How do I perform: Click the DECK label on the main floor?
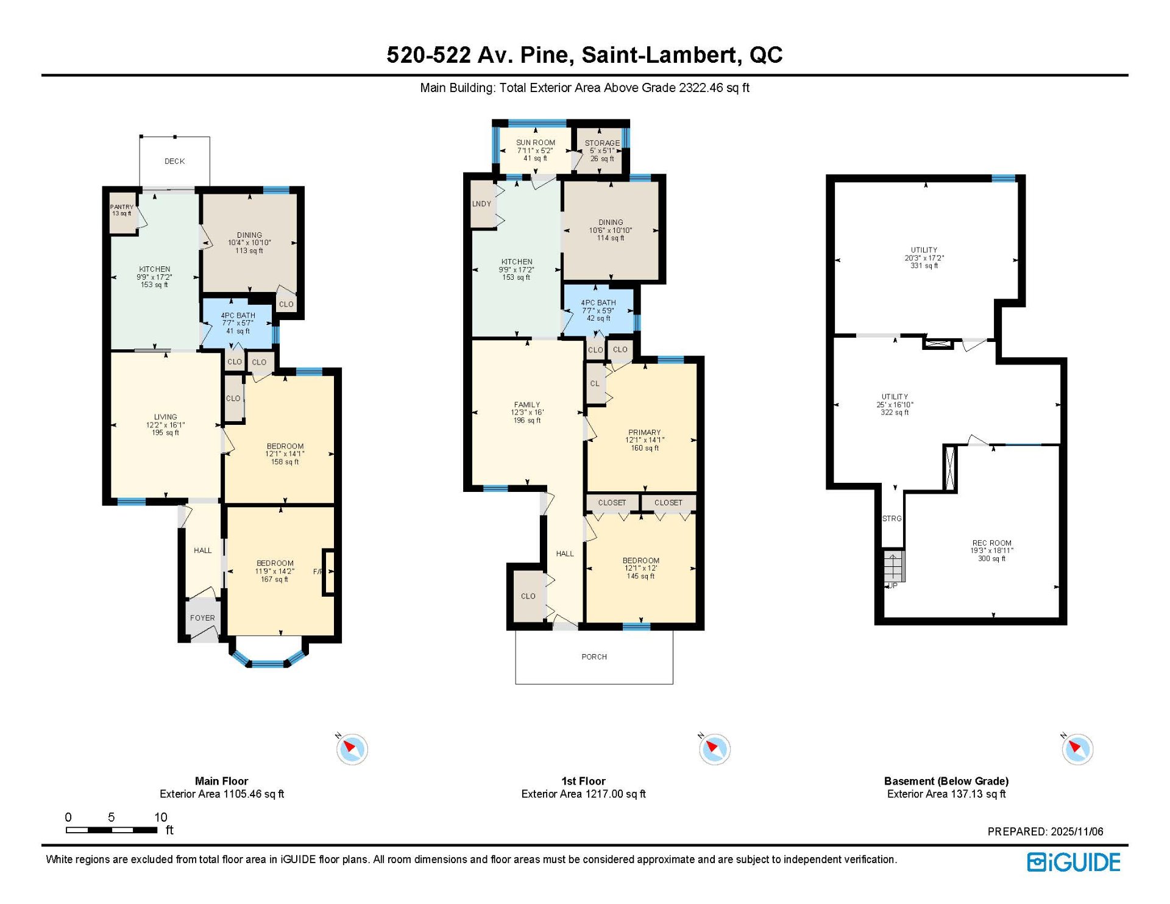[174, 162]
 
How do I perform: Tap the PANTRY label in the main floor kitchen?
[122, 207]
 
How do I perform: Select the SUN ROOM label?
[536, 143]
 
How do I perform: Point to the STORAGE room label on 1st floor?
[602, 143]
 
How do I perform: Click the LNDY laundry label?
[481, 204]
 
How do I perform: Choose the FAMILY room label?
[527, 405]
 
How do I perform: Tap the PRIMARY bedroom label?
[645, 432]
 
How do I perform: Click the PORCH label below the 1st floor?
[594, 657]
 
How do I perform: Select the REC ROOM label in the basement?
[992, 543]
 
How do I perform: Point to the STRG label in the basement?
[892, 519]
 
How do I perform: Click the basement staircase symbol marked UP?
[895, 567]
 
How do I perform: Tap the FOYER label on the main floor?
[202, 618]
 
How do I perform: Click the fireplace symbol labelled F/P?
[328, 572]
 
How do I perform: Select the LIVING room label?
[166, 417]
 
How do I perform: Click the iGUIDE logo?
[1074, 863]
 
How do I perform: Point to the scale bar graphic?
[112, 830]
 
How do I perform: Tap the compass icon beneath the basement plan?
[1077, 749]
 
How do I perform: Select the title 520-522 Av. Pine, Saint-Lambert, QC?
[584, 55]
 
